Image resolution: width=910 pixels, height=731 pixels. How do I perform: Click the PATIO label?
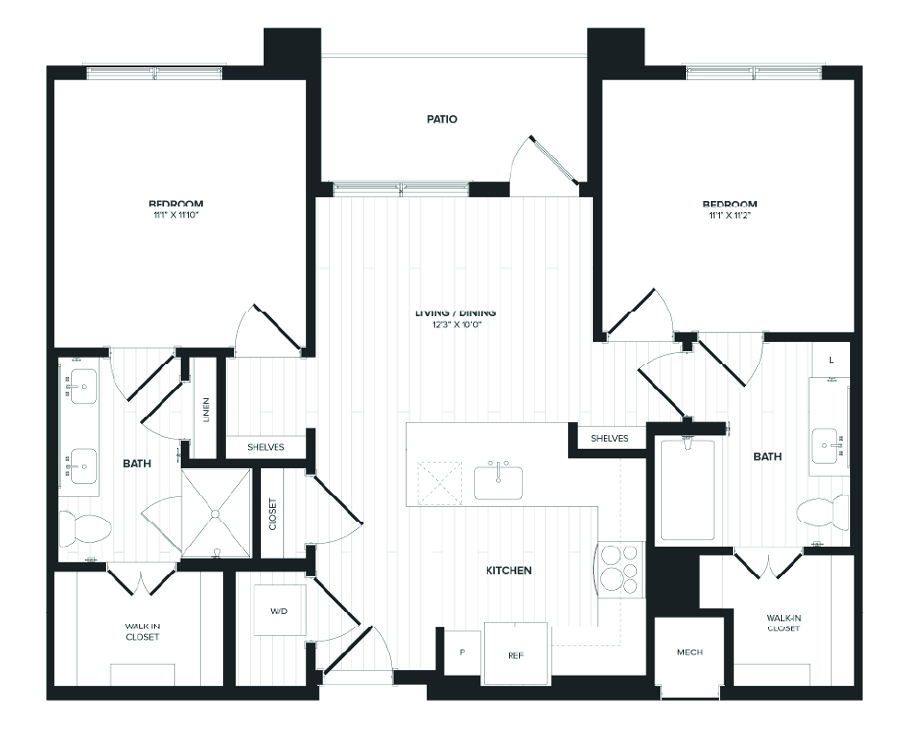(443, 119)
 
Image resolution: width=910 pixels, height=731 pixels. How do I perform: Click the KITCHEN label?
(509, 571)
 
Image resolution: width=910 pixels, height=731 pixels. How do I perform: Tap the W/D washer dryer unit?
(279, 610)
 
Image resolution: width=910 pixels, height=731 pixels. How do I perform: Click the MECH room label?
(689, 653)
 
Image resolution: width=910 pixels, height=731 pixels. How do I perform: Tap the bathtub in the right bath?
(687, 490)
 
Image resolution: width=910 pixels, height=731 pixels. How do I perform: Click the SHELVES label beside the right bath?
(609, 438)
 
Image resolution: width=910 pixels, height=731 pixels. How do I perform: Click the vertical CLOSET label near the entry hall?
(273, 513)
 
